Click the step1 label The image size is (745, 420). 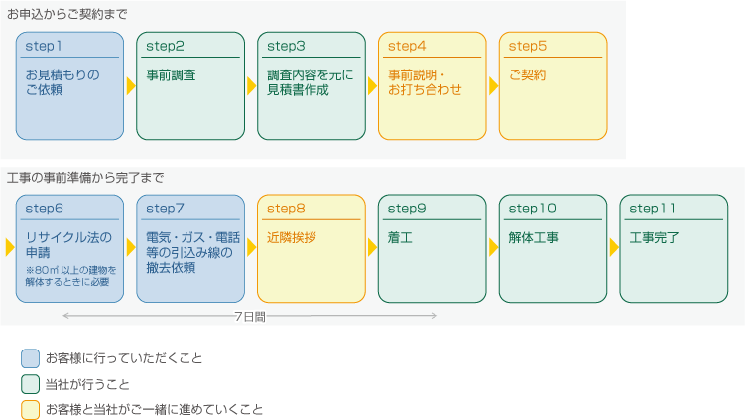tap(44, 46)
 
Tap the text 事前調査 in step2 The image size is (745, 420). tap(171, 75)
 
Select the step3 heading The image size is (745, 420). tap(286, 46)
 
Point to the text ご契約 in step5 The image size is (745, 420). tap(527, 75)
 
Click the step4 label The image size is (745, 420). tap(407, 46)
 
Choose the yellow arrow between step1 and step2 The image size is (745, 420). tap(131, 86)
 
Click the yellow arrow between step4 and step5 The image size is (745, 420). tap(493, 86)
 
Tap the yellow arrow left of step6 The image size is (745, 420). tap(10, 247)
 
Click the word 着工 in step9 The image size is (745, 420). tap(400, 237)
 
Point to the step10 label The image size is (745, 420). tap(532, 209)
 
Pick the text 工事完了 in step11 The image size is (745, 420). tap(654, 237)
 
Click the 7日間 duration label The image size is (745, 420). tap(250, 317)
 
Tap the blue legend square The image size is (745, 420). tap(30, 358)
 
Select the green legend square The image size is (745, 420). tap(30, 384)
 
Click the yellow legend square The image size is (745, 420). tap(30, 410)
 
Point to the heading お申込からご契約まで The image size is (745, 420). tap(67, 14)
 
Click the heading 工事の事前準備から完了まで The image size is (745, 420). tap(85, 178)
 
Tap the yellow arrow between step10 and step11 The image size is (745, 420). tap(614, 247)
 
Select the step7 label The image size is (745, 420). tap(165, 209)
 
